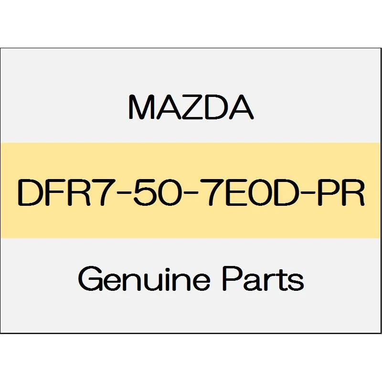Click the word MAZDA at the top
[x=191, y=107]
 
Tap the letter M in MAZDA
[x=141, y=107]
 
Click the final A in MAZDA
[x=241, y=107]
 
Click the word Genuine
[x=144, y=279]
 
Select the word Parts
[x=263, y=279]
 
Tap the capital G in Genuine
[x=90, y=279]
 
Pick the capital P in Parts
[x=233, y=279]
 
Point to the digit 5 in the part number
[x=143, y=192]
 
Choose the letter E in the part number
[x=235, y=192]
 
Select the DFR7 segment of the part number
[x=59, y=192]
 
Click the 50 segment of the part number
[x=154, y=192]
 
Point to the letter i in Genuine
[x=162, y=279]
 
